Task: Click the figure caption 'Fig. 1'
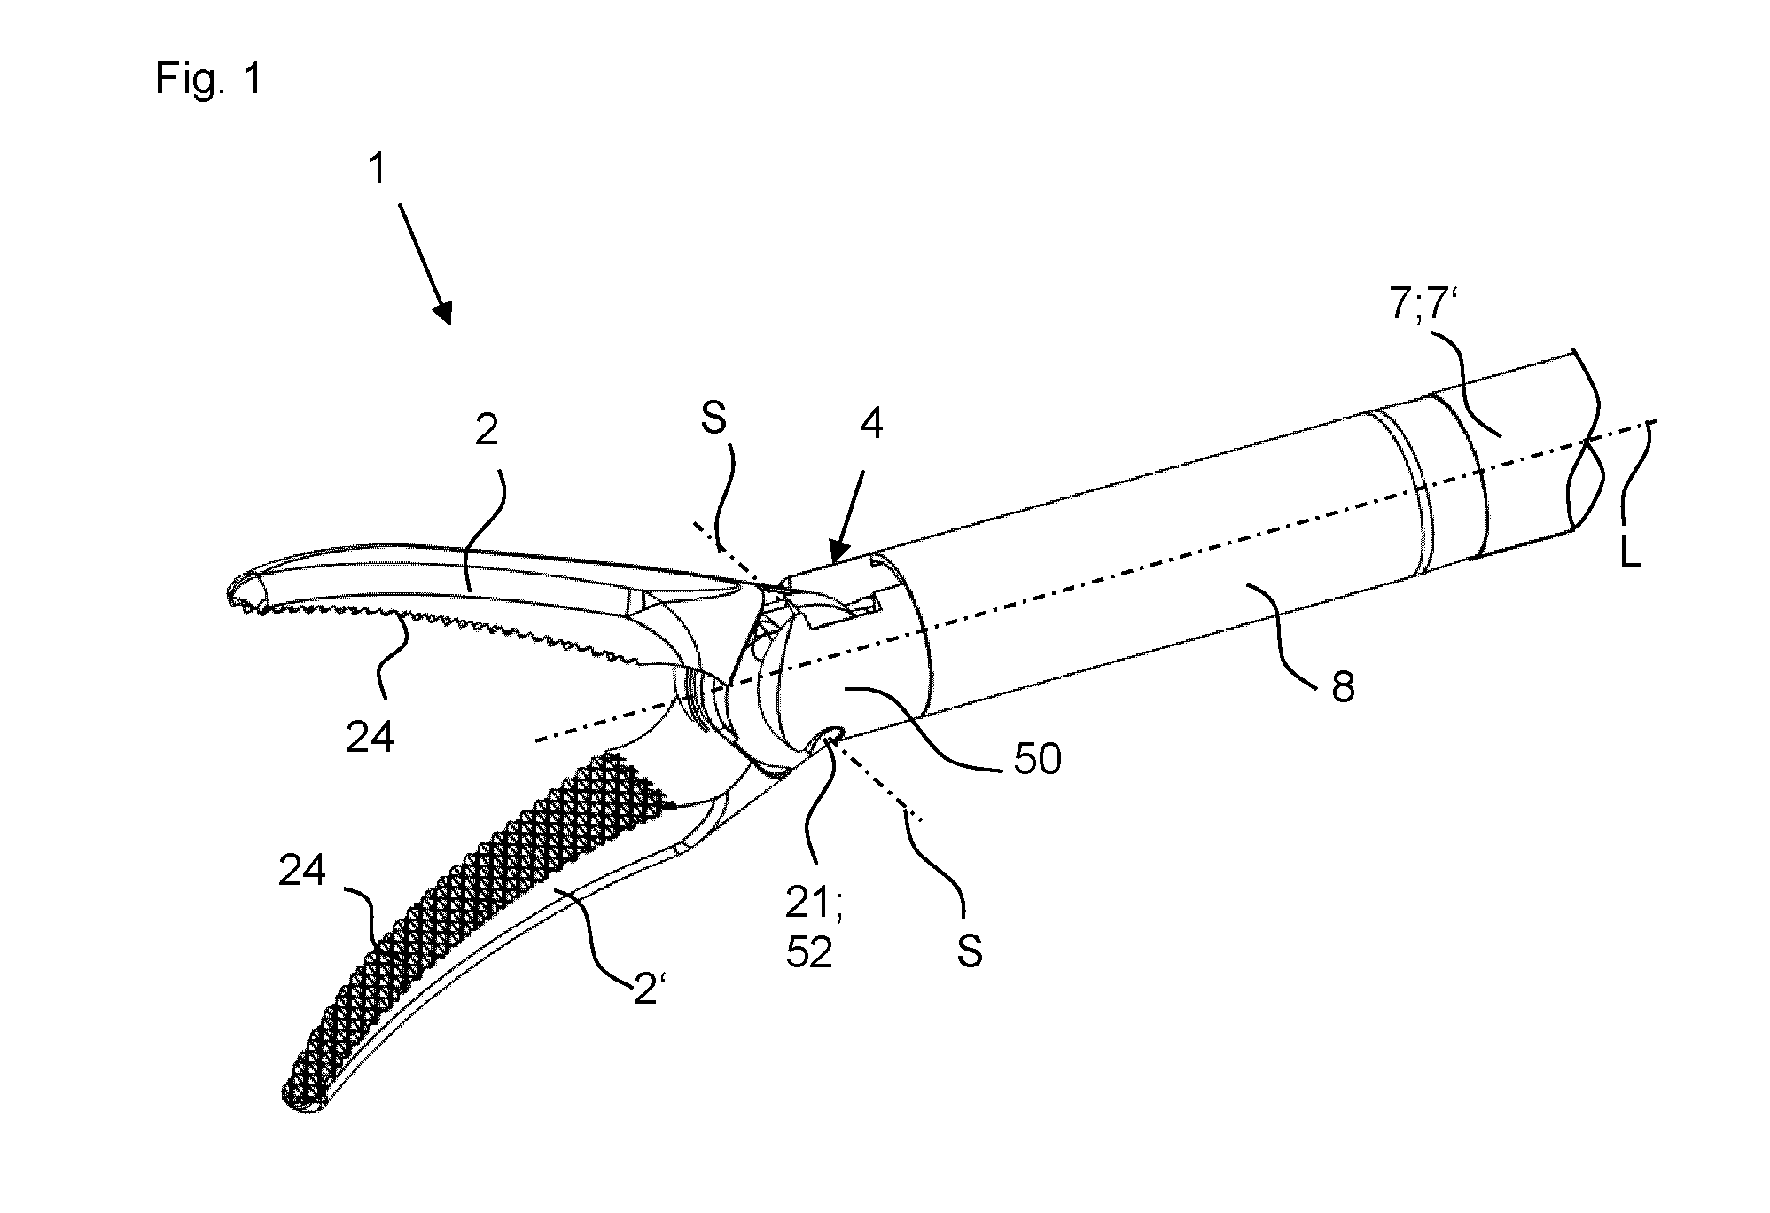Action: point(209,79)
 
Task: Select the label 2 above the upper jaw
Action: point(487,433)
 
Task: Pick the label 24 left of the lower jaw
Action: point(302,871)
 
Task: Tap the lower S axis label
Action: point(970,951)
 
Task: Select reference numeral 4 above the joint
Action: point(872,427)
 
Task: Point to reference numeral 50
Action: point(1036,760)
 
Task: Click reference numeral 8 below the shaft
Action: point(1344,687)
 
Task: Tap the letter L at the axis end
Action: point(1630,555)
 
